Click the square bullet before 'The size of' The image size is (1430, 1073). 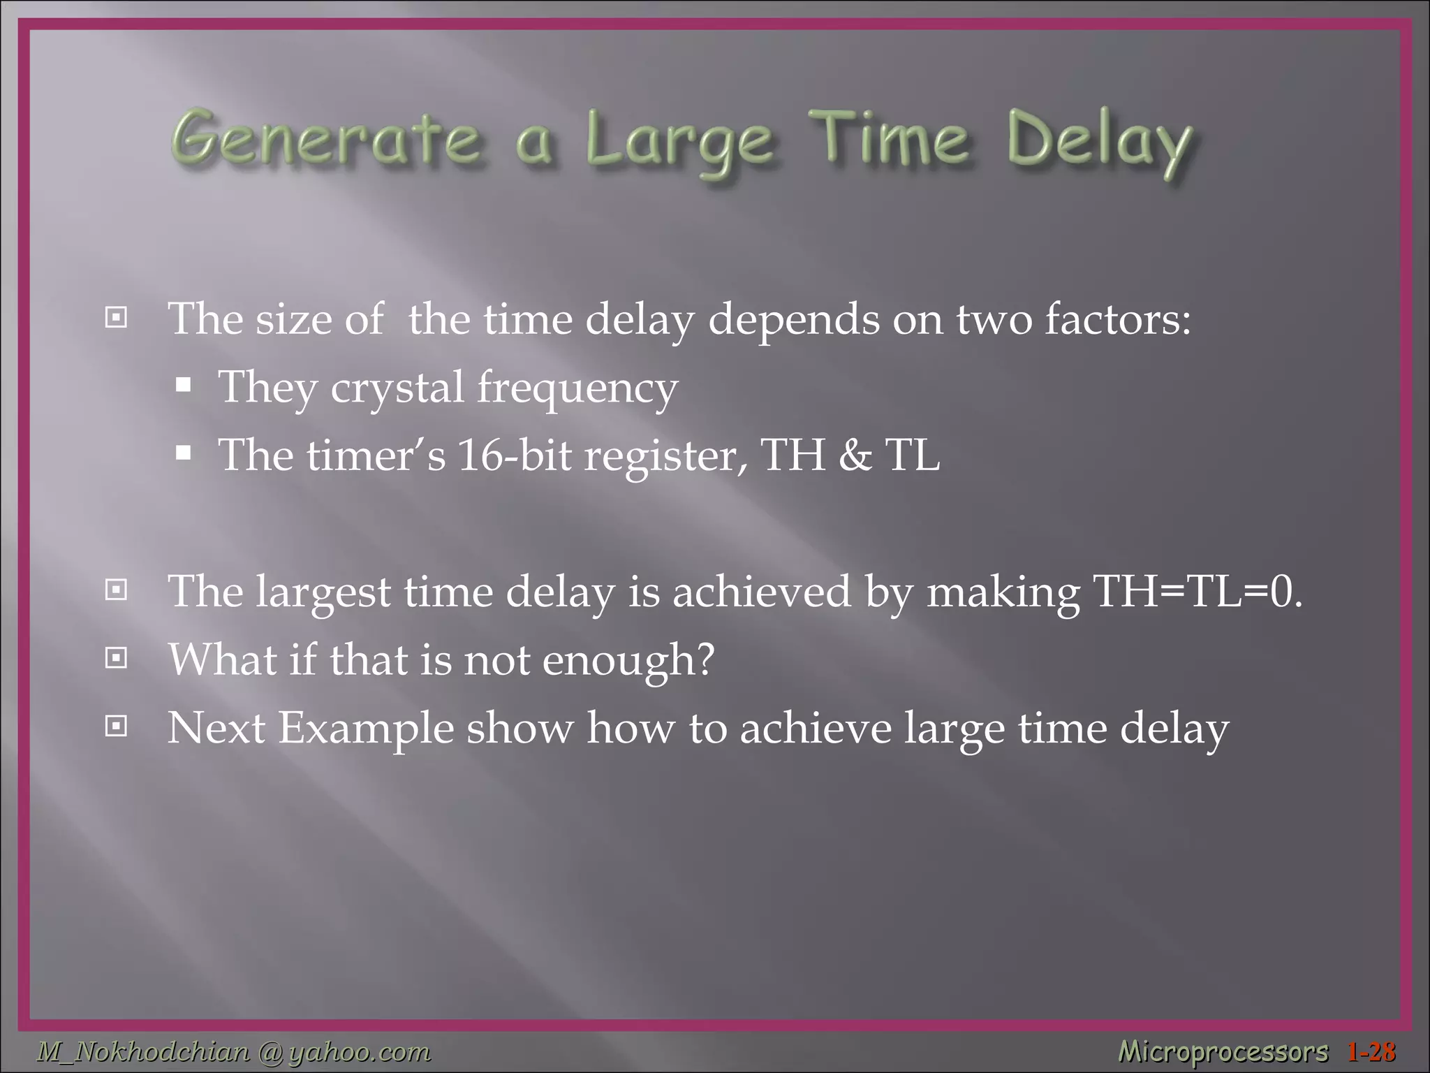(x=116, y=319)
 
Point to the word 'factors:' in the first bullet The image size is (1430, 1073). (x=1117, y=319)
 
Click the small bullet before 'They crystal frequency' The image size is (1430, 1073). (x=184, y=386)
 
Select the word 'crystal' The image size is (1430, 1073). (x=397, y=388)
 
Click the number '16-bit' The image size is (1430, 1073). (x=514, y=455)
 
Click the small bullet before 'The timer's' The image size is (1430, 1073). (x=184, y=455)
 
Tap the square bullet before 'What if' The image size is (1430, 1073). (x=116, y=658)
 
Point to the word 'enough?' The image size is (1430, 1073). (x=628, y=660)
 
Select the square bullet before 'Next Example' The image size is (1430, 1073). (x=116, y=727)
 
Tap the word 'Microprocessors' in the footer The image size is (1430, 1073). (x=1223, y=1051)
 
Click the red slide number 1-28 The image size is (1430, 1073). (x=1371, y=1051)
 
